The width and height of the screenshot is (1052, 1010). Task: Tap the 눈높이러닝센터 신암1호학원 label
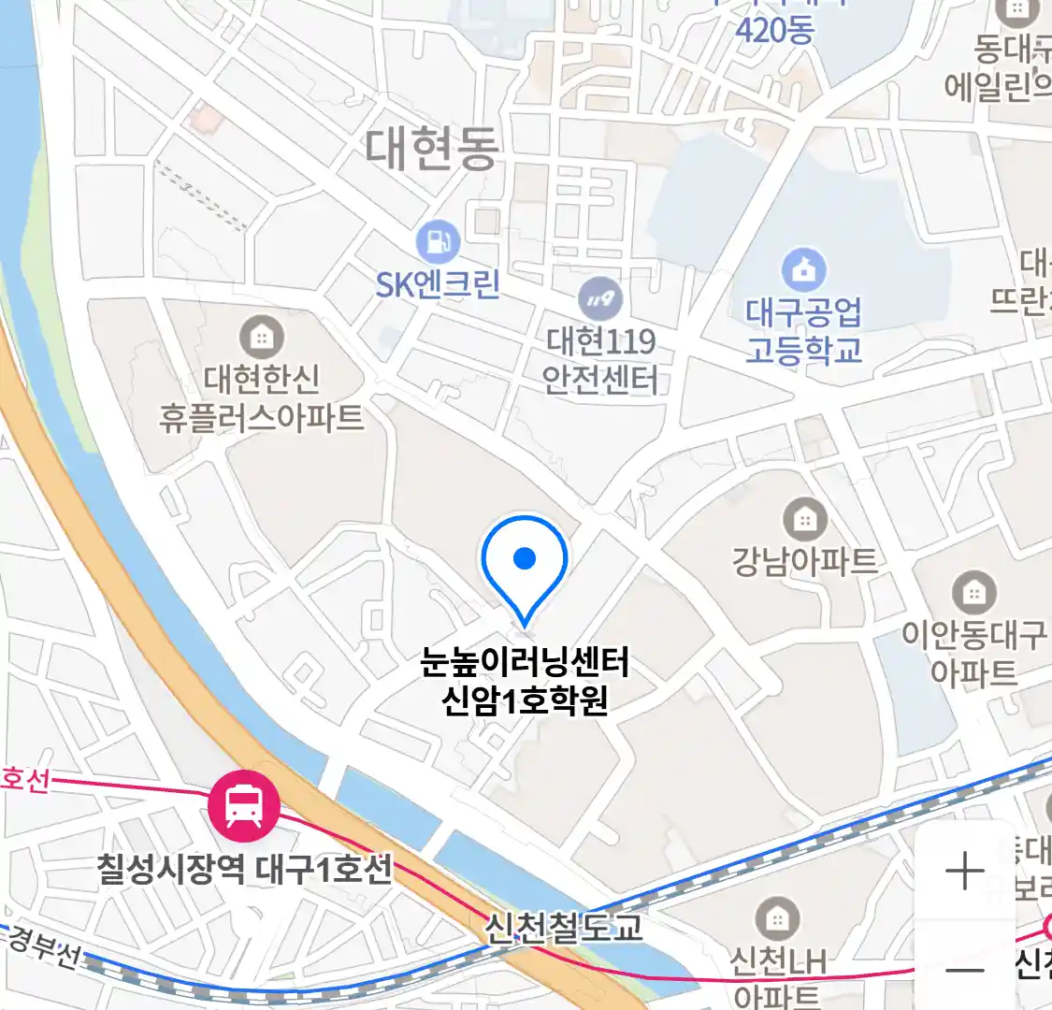525,681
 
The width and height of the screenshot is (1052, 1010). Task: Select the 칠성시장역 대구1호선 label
245,870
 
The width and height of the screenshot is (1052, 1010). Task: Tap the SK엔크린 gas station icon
438,241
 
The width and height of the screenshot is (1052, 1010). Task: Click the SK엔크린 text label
438,283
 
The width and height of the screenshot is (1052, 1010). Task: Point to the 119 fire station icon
600,299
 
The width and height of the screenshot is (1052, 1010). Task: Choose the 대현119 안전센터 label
600,360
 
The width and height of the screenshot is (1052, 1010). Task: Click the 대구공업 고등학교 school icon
803,270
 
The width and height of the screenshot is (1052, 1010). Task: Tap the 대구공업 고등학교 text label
803,330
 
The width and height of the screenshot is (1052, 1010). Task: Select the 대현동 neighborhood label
431,149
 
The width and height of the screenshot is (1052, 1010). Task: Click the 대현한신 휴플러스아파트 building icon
262,336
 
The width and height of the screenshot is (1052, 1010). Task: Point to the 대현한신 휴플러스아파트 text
262,397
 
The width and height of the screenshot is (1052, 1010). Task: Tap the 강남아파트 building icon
804,519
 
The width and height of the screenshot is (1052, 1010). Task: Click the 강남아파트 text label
804,561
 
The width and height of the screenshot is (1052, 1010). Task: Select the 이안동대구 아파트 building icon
974,592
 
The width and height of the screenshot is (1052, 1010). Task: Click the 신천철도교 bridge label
563,928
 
